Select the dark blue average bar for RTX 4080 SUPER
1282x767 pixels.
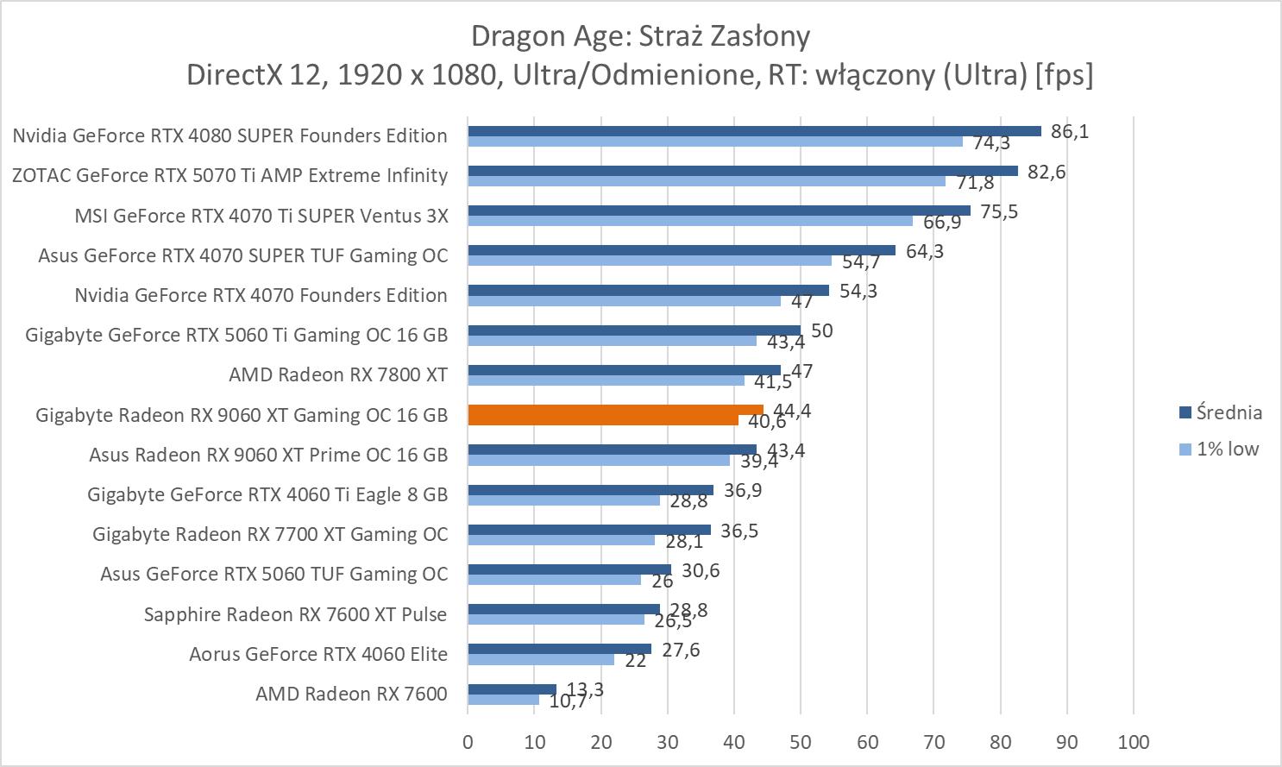[754, 131]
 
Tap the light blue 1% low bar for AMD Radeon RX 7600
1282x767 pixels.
[503, 700]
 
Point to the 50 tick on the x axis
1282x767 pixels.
[801, 742]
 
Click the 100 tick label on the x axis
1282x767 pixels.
[1133, 742]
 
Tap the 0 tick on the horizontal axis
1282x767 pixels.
[468, 742]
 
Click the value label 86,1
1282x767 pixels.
[1070, 131]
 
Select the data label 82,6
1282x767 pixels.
[1046, 172]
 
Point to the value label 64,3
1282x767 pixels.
[925, 251]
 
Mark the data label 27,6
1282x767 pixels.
[681, 650]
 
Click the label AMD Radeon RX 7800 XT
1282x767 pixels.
[338, 374]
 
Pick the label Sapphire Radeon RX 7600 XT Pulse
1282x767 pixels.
[295, 614]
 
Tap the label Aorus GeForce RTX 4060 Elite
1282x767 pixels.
[318, 654]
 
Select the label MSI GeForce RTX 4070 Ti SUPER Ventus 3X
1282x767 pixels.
[261, 215]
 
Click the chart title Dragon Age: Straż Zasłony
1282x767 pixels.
[640, 36]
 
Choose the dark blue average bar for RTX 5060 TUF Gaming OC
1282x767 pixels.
[569, 569]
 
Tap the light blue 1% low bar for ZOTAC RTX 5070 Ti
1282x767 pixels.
[707, 181]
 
